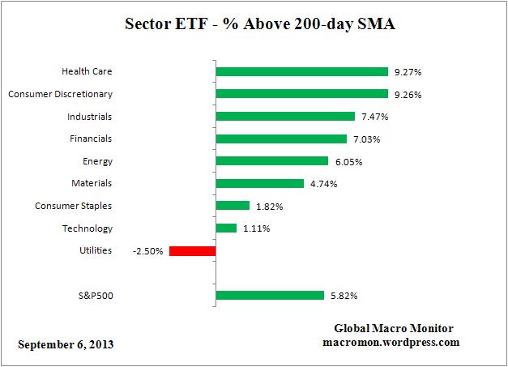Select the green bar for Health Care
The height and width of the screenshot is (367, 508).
301,71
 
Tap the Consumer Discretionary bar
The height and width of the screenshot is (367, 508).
301,94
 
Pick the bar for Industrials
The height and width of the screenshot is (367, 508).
285,117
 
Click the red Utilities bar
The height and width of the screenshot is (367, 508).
192,251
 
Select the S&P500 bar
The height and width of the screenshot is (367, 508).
270,296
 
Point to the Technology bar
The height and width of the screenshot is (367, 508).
226,228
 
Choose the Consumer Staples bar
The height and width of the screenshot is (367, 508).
233,206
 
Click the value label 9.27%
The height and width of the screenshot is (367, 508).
408,72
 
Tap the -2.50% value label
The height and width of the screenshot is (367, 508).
148,251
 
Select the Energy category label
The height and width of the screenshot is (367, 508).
97,161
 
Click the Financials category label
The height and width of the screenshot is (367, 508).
91,139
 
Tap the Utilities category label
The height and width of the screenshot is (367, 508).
96,251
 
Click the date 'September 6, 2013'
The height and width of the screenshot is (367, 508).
66,344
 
